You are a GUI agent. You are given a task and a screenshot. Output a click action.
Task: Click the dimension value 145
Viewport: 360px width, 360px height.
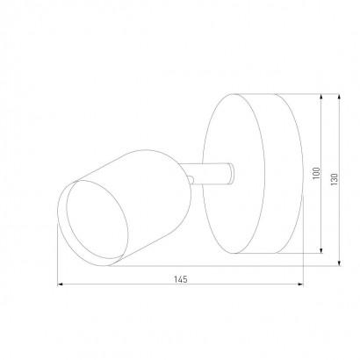coord(181,279)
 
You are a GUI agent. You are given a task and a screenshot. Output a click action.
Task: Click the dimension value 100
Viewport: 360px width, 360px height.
coord(316,173)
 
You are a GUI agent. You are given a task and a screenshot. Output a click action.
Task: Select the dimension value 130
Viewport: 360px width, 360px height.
coord(334,179)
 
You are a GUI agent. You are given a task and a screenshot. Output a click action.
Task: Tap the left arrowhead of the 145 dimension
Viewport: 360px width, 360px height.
coord(60,284)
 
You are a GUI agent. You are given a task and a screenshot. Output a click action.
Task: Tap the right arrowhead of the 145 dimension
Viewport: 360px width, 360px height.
coord(300,284)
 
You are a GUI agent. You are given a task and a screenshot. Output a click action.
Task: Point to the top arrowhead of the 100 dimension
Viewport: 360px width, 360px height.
coord(321,97)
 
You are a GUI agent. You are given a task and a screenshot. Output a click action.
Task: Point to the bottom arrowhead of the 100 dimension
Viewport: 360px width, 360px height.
coord(321,250)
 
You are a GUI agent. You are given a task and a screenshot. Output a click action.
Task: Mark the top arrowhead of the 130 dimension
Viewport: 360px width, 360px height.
coord(339,97)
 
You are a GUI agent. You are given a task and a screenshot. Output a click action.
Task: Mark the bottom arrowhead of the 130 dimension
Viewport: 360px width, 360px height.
coord(339,263)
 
